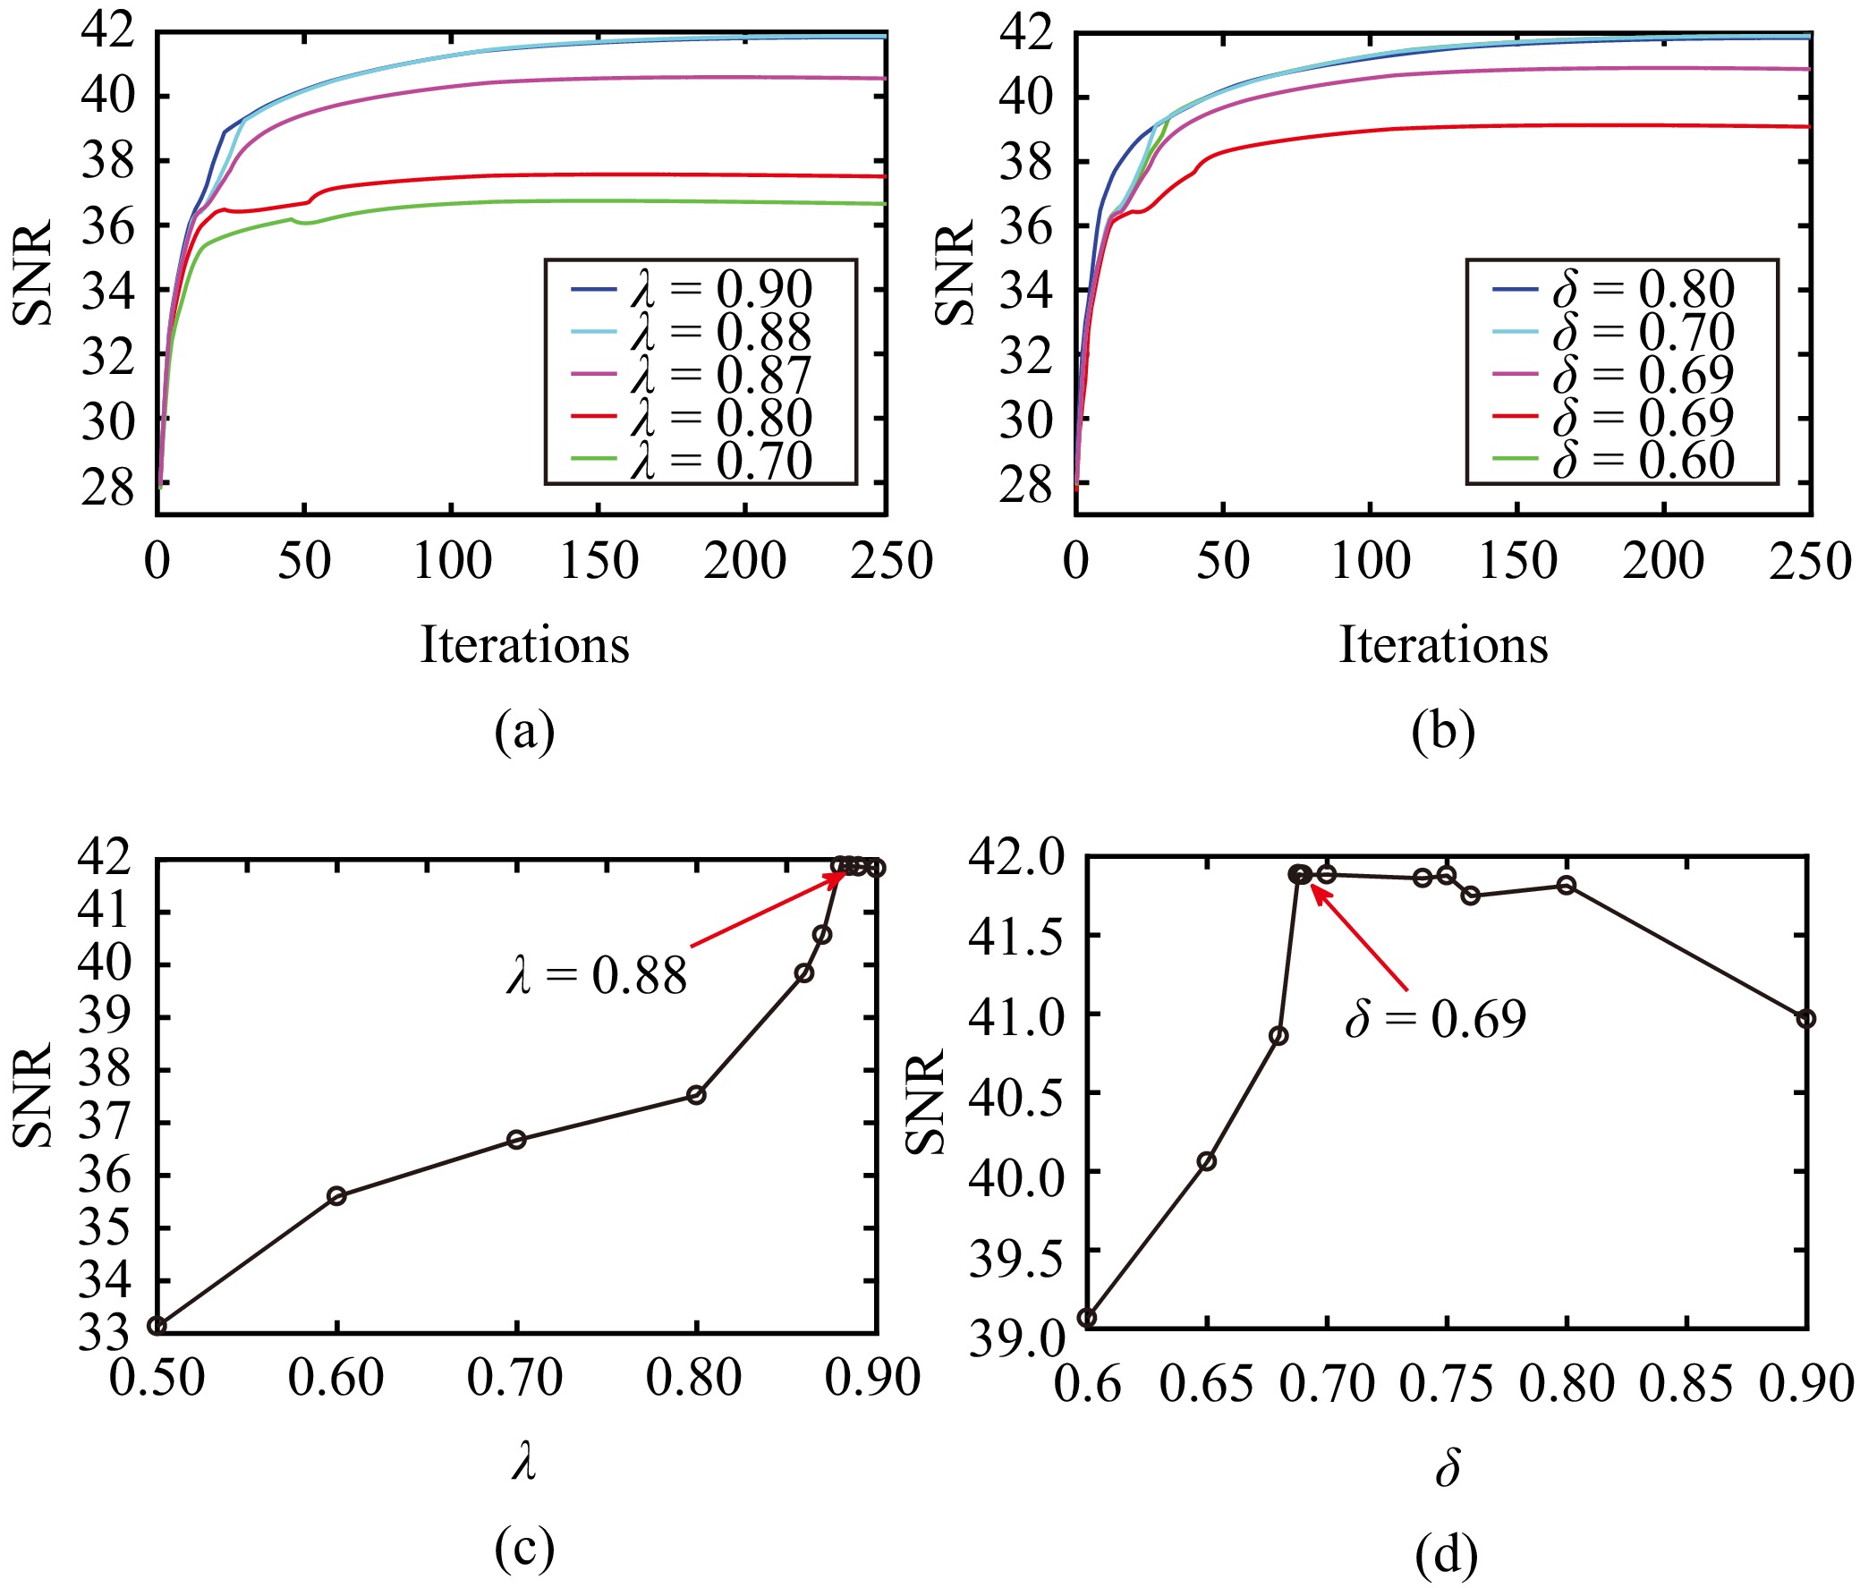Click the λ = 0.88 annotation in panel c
[596, 975]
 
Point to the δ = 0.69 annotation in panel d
[1434, 1019]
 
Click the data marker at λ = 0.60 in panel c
[336, 1196]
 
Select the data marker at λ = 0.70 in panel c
[516, 1139]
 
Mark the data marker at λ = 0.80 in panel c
[696, 1094]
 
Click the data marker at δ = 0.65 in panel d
[1208, 1160]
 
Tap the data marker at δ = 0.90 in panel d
[1806, 1018]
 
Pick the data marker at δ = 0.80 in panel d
[1567, 885]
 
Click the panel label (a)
[525, 732]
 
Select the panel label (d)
[1446, 1556]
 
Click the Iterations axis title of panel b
[1443, 644]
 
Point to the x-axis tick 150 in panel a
[597, 562]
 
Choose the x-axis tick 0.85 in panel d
[1686, 1383]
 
